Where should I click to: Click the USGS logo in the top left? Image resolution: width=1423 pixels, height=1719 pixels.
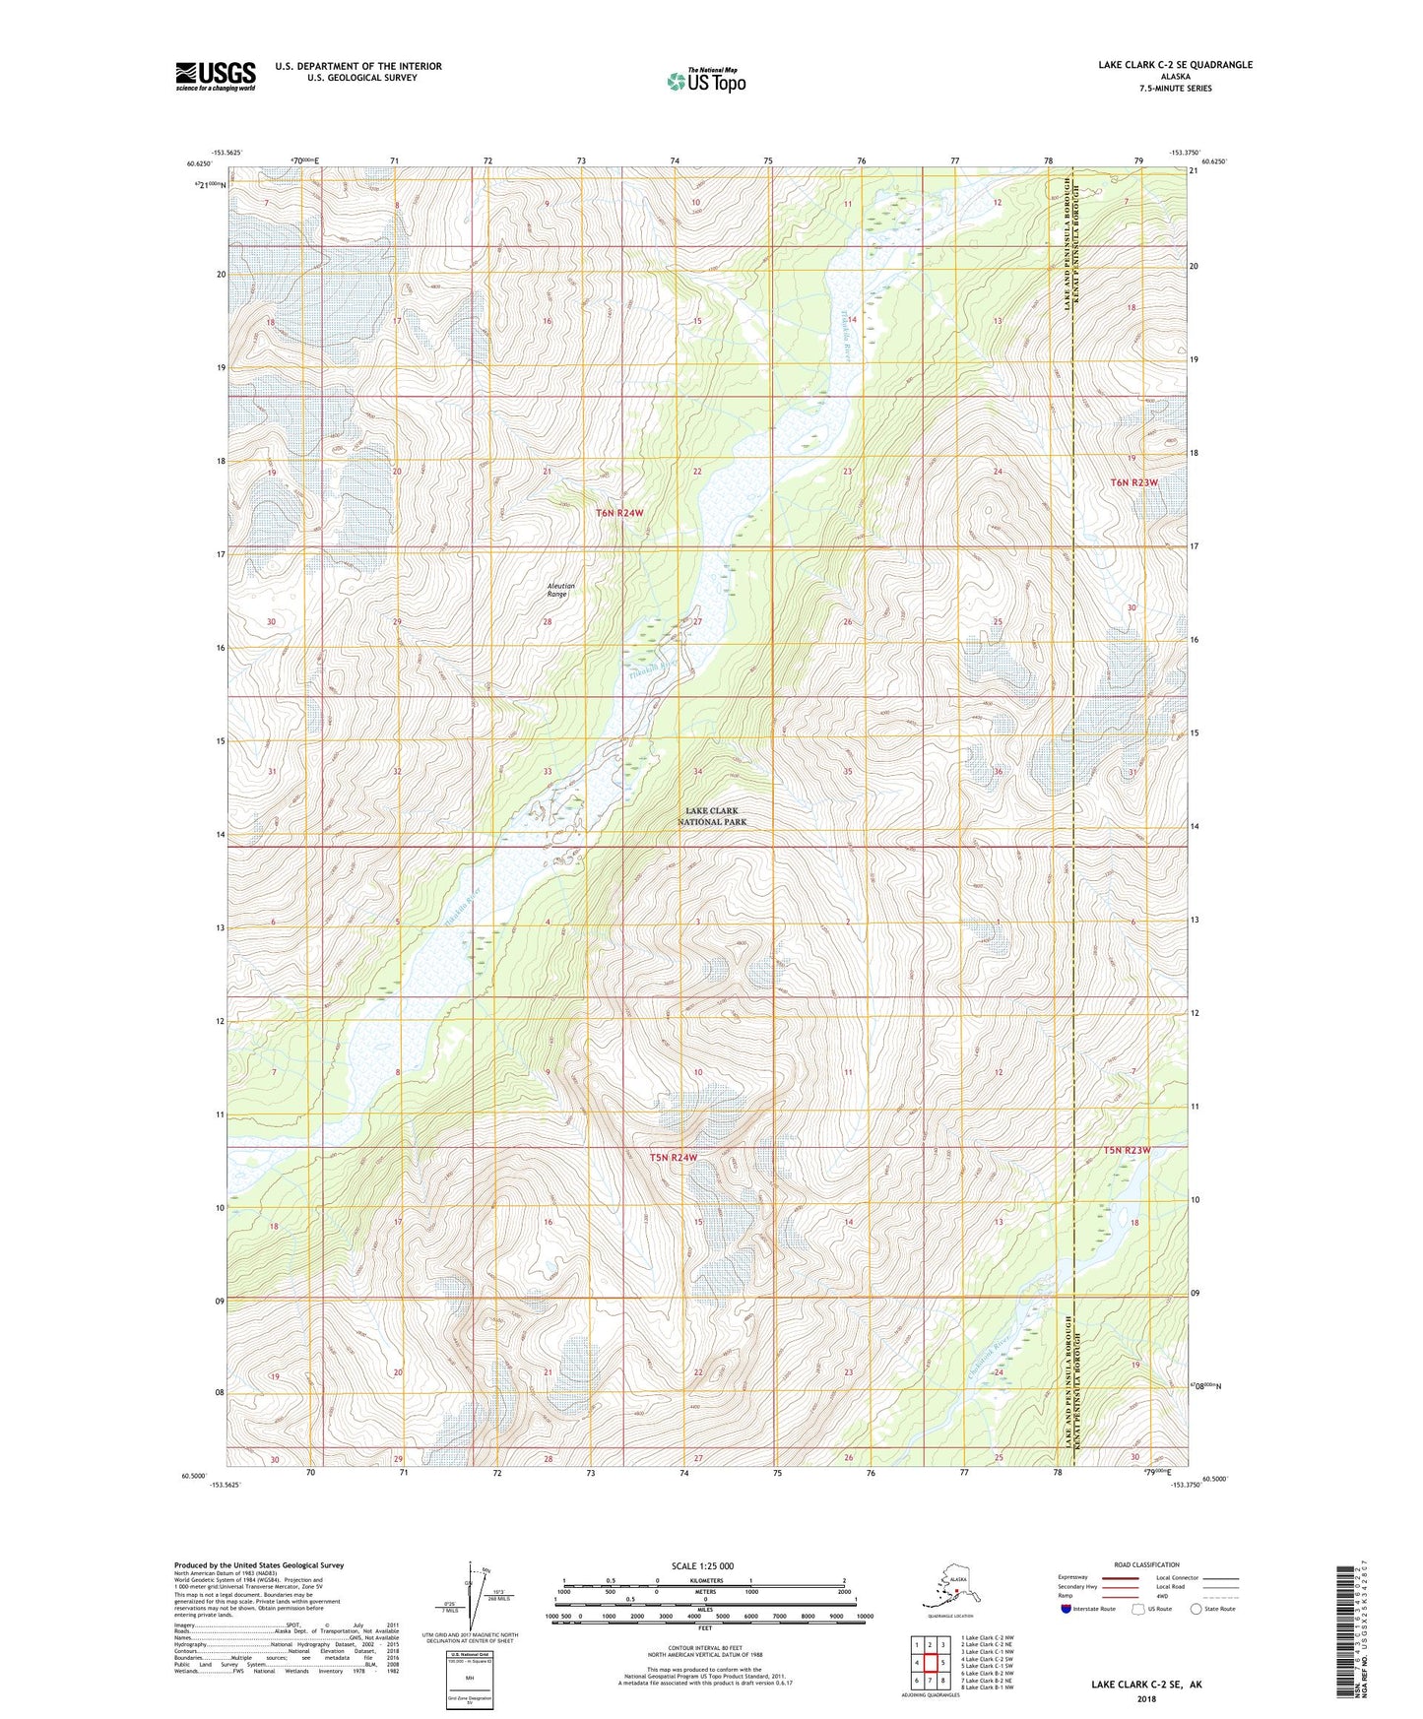point(215,76)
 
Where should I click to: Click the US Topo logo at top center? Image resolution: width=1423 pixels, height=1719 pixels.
point(705,81)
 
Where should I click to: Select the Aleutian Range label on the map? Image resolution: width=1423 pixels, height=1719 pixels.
point(560,590)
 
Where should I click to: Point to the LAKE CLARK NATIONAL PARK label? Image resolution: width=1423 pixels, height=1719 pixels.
point(712,816)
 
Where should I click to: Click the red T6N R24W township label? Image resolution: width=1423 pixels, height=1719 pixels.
point(619,513)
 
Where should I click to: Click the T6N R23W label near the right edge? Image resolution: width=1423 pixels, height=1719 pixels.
point(1133,482)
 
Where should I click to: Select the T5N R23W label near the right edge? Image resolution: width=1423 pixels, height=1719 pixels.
point(1126,1150)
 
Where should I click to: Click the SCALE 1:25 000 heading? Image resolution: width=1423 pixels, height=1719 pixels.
point(703,1566)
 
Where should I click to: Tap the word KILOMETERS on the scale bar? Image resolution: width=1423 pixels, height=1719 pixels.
point(703,1581)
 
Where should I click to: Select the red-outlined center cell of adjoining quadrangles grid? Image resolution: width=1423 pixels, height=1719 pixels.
point(930,1663)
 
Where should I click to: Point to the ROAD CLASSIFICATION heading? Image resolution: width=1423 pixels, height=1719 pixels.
point(1146,1564)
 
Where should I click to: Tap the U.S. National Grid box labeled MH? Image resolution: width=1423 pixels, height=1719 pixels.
point(469,1678)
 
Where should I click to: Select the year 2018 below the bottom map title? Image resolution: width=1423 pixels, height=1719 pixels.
point(1145,1698)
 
